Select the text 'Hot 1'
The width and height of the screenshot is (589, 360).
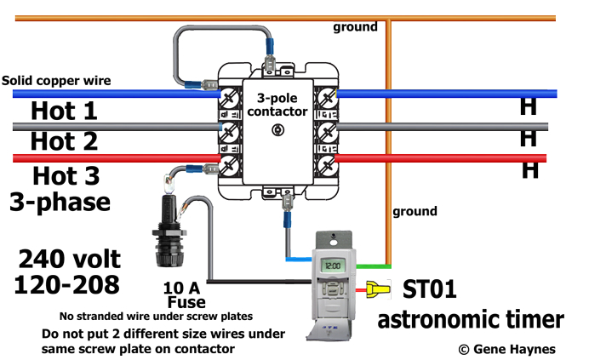point(64,111)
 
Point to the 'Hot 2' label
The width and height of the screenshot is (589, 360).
point(64,140)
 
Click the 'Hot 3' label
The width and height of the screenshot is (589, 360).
point(66,176)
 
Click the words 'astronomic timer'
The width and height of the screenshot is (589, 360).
point(470,319)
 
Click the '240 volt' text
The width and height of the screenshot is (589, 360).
point(70,258)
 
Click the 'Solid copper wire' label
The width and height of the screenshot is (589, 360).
point(56,81)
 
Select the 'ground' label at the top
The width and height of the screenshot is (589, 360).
point(355,27)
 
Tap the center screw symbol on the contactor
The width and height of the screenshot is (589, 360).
point(275,130)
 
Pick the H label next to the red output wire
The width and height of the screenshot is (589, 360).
point(530,170)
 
